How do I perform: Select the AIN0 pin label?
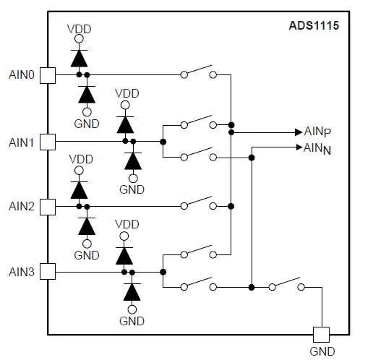pos(22,74)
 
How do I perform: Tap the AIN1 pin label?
pos(22,141)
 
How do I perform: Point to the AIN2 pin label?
pos(22,207)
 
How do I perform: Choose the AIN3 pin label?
pos(22,273)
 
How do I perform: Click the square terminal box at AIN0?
pos(48,74)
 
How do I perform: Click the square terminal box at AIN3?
pos(48,272)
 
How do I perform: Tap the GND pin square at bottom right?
pos(321,334)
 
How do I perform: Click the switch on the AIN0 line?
pos(198,73)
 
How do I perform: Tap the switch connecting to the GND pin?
pos(286,284)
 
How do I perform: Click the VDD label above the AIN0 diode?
pos(79,29)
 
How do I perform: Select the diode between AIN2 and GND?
pos(87,226)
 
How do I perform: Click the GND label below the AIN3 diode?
pos(132,321)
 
